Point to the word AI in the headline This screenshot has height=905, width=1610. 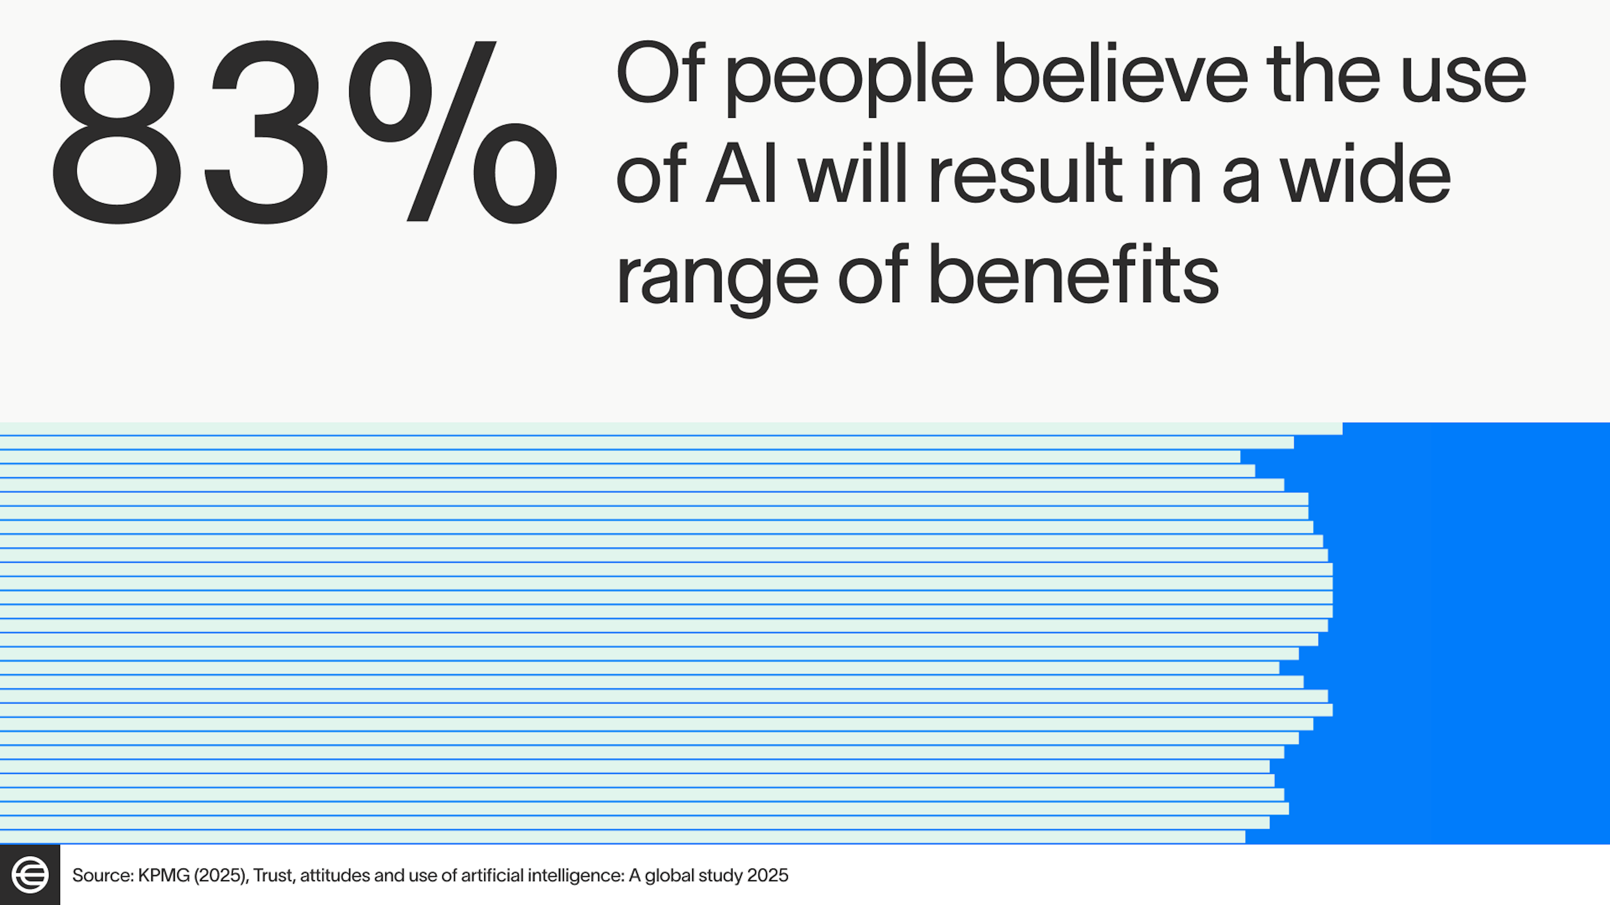[742, 175]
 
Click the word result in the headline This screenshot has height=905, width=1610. [1026, 175]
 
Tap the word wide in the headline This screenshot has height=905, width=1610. [1366, 175]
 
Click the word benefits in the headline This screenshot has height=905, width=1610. [1073, 275]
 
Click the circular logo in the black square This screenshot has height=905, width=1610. [30, 874]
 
